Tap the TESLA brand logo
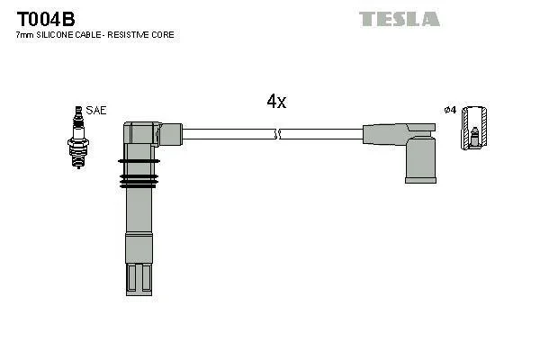coord(399,19)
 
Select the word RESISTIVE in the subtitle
coord(132,35)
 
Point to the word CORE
coord(163,35)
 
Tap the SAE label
coord(97,110)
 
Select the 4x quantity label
coord(276,102)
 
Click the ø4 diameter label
coord(450,110)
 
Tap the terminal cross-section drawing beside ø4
coord(473,129)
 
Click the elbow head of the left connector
coord(148,133)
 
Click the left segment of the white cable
coord(229,134)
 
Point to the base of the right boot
coord(420,179)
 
